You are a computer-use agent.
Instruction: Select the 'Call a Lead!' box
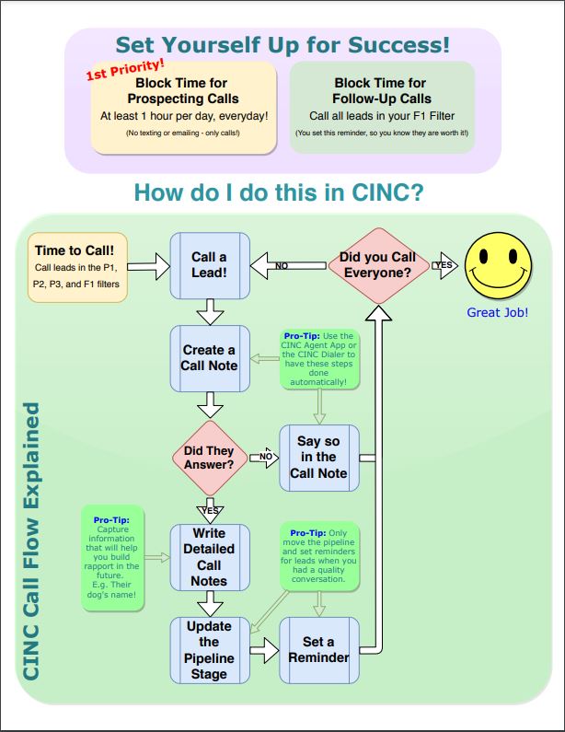tap(210, 265)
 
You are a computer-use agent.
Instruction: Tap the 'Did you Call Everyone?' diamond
tap(377, 265)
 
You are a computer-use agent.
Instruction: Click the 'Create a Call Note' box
tap(210, 358)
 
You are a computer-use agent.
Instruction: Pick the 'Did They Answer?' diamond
tap(209, 458)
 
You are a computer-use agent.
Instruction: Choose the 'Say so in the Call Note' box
tap(318, 458)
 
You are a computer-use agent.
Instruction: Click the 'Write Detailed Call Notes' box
tap(210, 557)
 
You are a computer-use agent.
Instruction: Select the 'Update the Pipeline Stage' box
tap(210, 650)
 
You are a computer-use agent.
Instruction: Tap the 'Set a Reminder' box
tap(318, 650)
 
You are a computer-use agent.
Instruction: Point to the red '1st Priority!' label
tap(126, 71)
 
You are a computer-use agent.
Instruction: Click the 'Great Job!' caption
tap(498, 313)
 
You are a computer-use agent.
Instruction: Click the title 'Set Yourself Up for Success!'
tap(282, 44)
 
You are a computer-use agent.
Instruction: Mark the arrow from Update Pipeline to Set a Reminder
tap(264, 650)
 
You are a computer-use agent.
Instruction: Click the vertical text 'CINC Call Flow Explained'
tap(32, 541)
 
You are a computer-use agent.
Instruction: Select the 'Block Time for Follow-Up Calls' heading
tap(381, 90)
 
